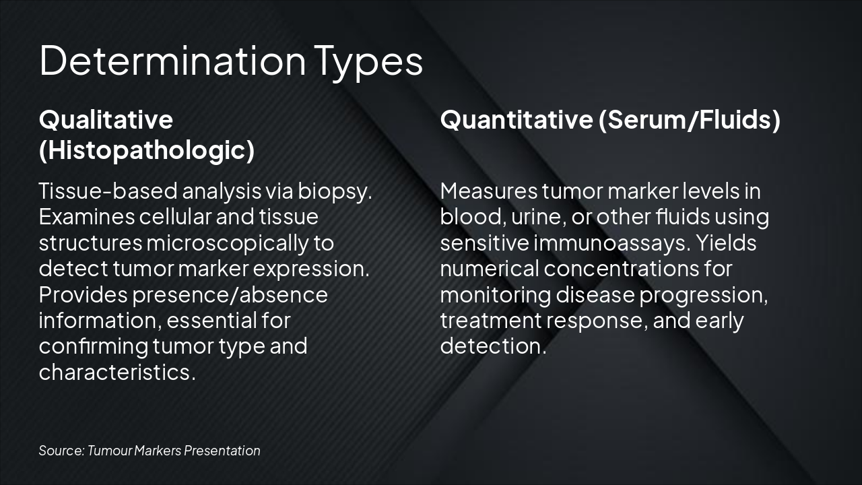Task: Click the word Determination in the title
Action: pyautogui.click(x=173, y=61)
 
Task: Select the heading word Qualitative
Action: pyautogui.click(x=106, y=119)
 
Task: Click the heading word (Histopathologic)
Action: pyautogui.click(x=147, y=150)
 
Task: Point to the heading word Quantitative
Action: pyautogui.click(x=517, y=119)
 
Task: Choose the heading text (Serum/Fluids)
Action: pyautogui.click(x=689, y=120)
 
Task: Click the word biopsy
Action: pyautogui.click(x=335, y=192)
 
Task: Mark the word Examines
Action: pyautogui.click(x=87, y=217)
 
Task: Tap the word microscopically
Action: pyautogui.click(x=228, y=244)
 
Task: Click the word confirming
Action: pyautogui.click(x=94, y=347)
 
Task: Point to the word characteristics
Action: pyautogui.click(x=117, y=372)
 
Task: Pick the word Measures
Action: pyautogui.click(x=489, y=191)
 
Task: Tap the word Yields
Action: pyautogui.click(x=726, y=243)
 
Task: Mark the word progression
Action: pyautogui.click(x=704, y=296)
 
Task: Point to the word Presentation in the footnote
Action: pyautogui.click(x=222, y=451)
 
